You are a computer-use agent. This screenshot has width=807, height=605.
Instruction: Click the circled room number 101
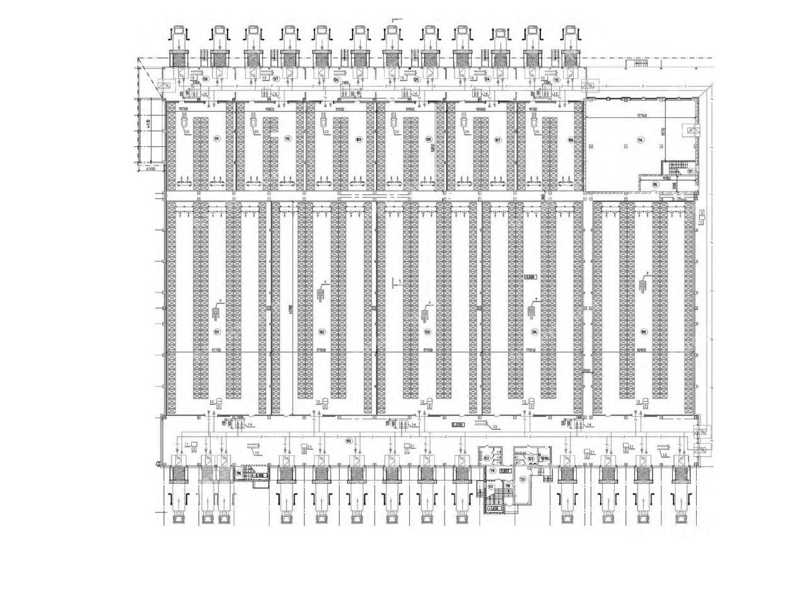tap(216, 332)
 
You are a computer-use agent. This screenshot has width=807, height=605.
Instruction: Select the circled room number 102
tap(322, 332)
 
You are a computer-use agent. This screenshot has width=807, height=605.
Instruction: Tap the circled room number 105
tap(644, 332)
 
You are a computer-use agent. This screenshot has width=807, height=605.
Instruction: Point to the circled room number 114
tap(640, 140)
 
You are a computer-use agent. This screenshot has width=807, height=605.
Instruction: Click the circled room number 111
tap(216, 139)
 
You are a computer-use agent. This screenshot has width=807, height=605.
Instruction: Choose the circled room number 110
tap(287, 139)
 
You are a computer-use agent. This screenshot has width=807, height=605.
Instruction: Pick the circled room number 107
tap(497, 140)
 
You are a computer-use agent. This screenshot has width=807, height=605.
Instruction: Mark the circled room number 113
tap(348, 441)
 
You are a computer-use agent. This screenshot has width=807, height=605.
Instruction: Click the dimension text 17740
tap(642, 116)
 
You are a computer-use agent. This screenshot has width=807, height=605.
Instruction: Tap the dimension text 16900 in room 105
tap(643, 350)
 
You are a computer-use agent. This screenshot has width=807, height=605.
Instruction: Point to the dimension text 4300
tap(150, 170)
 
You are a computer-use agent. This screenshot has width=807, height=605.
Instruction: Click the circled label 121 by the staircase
tap(690, 171)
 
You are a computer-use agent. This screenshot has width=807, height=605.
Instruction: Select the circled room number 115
tap(655, 184)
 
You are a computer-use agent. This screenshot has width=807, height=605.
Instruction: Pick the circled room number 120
tap(522, 480)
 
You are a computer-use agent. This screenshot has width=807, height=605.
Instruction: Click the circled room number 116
tap(239, 471)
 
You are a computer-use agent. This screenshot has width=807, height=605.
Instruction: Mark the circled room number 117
tap(491, 487)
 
